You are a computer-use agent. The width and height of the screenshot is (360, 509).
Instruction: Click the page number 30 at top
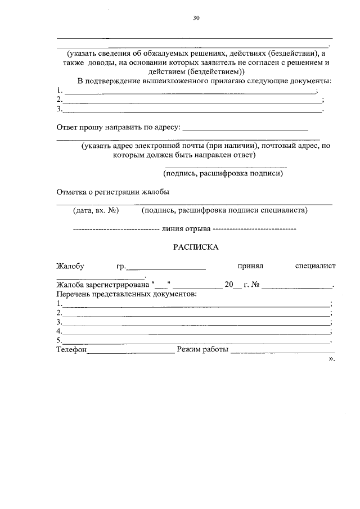pyautogui.click(x=196, y=17)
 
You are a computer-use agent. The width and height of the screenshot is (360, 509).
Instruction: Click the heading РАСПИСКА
pyautogui.click(x=195, y=247)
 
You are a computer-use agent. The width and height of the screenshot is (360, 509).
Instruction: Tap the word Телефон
pyautogui.click(x=71, y=350)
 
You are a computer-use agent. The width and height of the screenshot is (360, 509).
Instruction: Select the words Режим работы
pyautogui.click(x=202, y=350)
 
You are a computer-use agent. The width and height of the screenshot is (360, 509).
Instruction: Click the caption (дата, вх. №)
pyautogui.click(x=94, y=211)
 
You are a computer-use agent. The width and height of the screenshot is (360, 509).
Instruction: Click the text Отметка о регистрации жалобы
pyautogui.click(x=113, y=192)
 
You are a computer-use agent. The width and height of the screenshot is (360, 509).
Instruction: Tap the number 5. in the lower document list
pyautogui.click(x=59, y=341)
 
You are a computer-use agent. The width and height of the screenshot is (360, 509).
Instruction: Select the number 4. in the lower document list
pyautogui.click(x=59, y=331)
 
